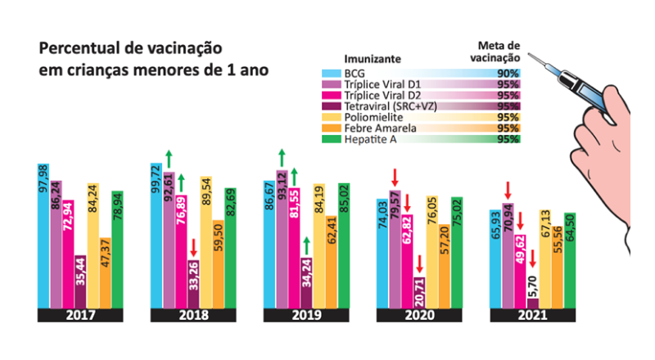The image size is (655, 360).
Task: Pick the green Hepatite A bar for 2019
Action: [x=343, y=245]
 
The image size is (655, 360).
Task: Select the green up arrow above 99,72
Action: [x=169, y=160]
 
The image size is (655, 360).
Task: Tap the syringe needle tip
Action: [x=531, y=55]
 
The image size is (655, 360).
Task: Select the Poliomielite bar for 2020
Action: [x=431, y=254]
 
